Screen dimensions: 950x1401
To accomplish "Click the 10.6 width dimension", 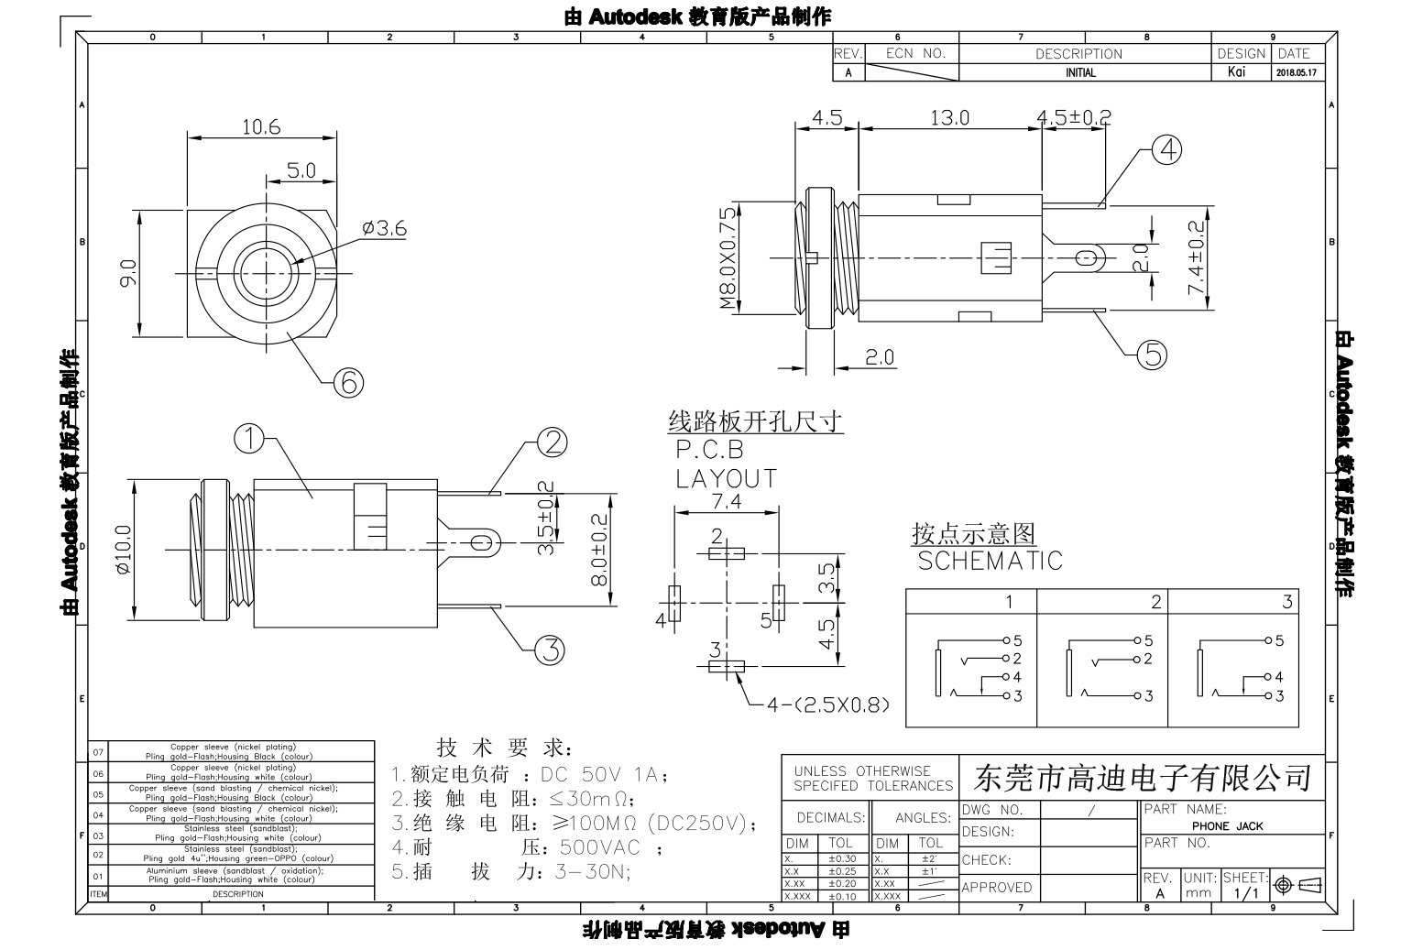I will [261, 127].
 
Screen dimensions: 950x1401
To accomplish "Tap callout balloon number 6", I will [348, 382].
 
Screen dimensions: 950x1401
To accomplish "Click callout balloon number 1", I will [249, 439].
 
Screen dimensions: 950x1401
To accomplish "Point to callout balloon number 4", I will [1166, 149].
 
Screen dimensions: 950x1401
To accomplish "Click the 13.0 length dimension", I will [949, 118].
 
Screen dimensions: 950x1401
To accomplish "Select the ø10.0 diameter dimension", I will [124, 549].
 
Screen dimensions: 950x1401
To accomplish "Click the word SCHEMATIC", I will [990, 561].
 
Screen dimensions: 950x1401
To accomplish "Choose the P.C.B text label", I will [710, 450].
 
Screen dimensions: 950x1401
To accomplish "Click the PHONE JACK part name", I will [1227, 826].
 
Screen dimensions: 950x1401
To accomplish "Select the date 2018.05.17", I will [1295, 73].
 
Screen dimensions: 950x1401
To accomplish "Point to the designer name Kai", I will [1237, 72].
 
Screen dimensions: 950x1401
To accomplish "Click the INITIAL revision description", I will [1080, 73].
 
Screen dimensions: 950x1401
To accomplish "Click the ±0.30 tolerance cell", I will [842, 859].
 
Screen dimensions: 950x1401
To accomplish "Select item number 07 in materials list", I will [98, 752].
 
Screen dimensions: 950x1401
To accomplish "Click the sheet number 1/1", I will [1245, 893].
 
